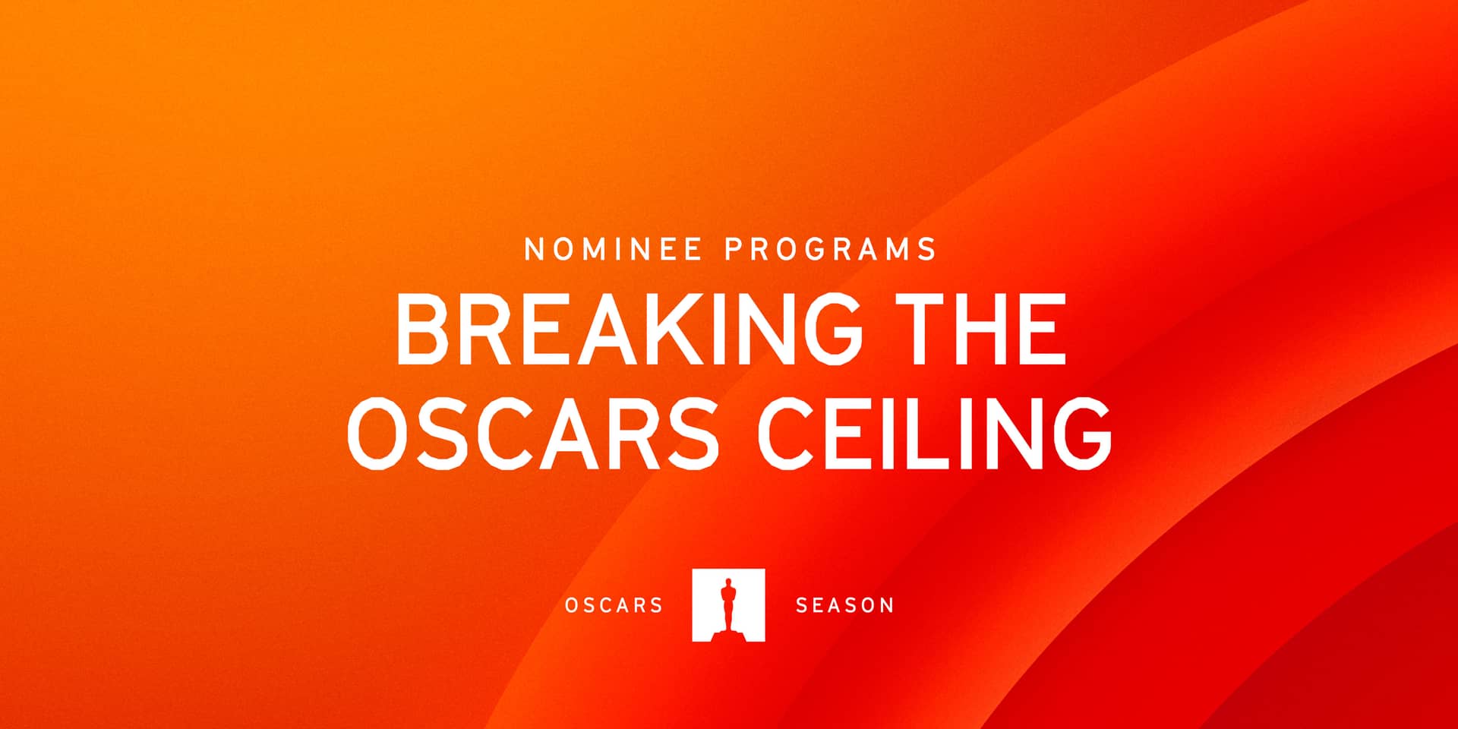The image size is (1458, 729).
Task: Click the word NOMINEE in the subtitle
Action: coord(613,249)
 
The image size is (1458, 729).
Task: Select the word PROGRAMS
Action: coord(831,249)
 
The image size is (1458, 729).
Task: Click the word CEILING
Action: coord(935,433)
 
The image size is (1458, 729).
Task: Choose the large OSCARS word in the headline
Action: coord(532,433)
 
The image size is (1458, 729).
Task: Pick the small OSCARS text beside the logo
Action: coord(614,605)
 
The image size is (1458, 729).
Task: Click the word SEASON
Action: coord(844,605)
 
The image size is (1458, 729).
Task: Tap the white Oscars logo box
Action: coord(728,605)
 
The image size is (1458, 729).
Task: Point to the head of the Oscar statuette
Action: coord(728,583)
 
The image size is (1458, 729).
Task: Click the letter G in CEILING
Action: coord(1080,433)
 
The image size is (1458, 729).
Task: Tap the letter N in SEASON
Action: coord(886,605)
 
